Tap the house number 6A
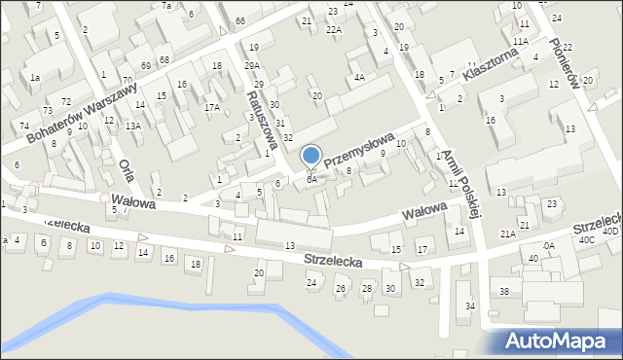pos(311,180)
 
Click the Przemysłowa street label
pos(359,147)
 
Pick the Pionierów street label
pos(564,64)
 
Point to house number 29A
pos(252,66)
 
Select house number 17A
pos(211,108)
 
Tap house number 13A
pos(133,126)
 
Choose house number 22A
pos(334,30)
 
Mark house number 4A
pos(359,77)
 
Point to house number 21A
pos(507,234)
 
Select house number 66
pos(239,21)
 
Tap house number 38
pos(504,292)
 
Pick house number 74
pos(24,126)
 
